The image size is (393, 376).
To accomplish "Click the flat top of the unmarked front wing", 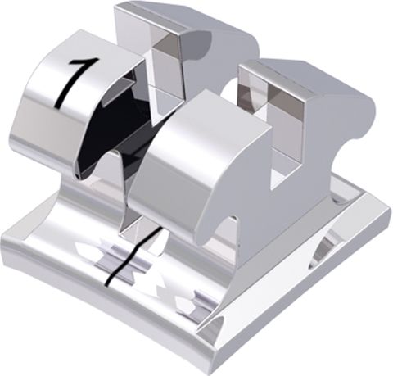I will [x=205, y=115].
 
